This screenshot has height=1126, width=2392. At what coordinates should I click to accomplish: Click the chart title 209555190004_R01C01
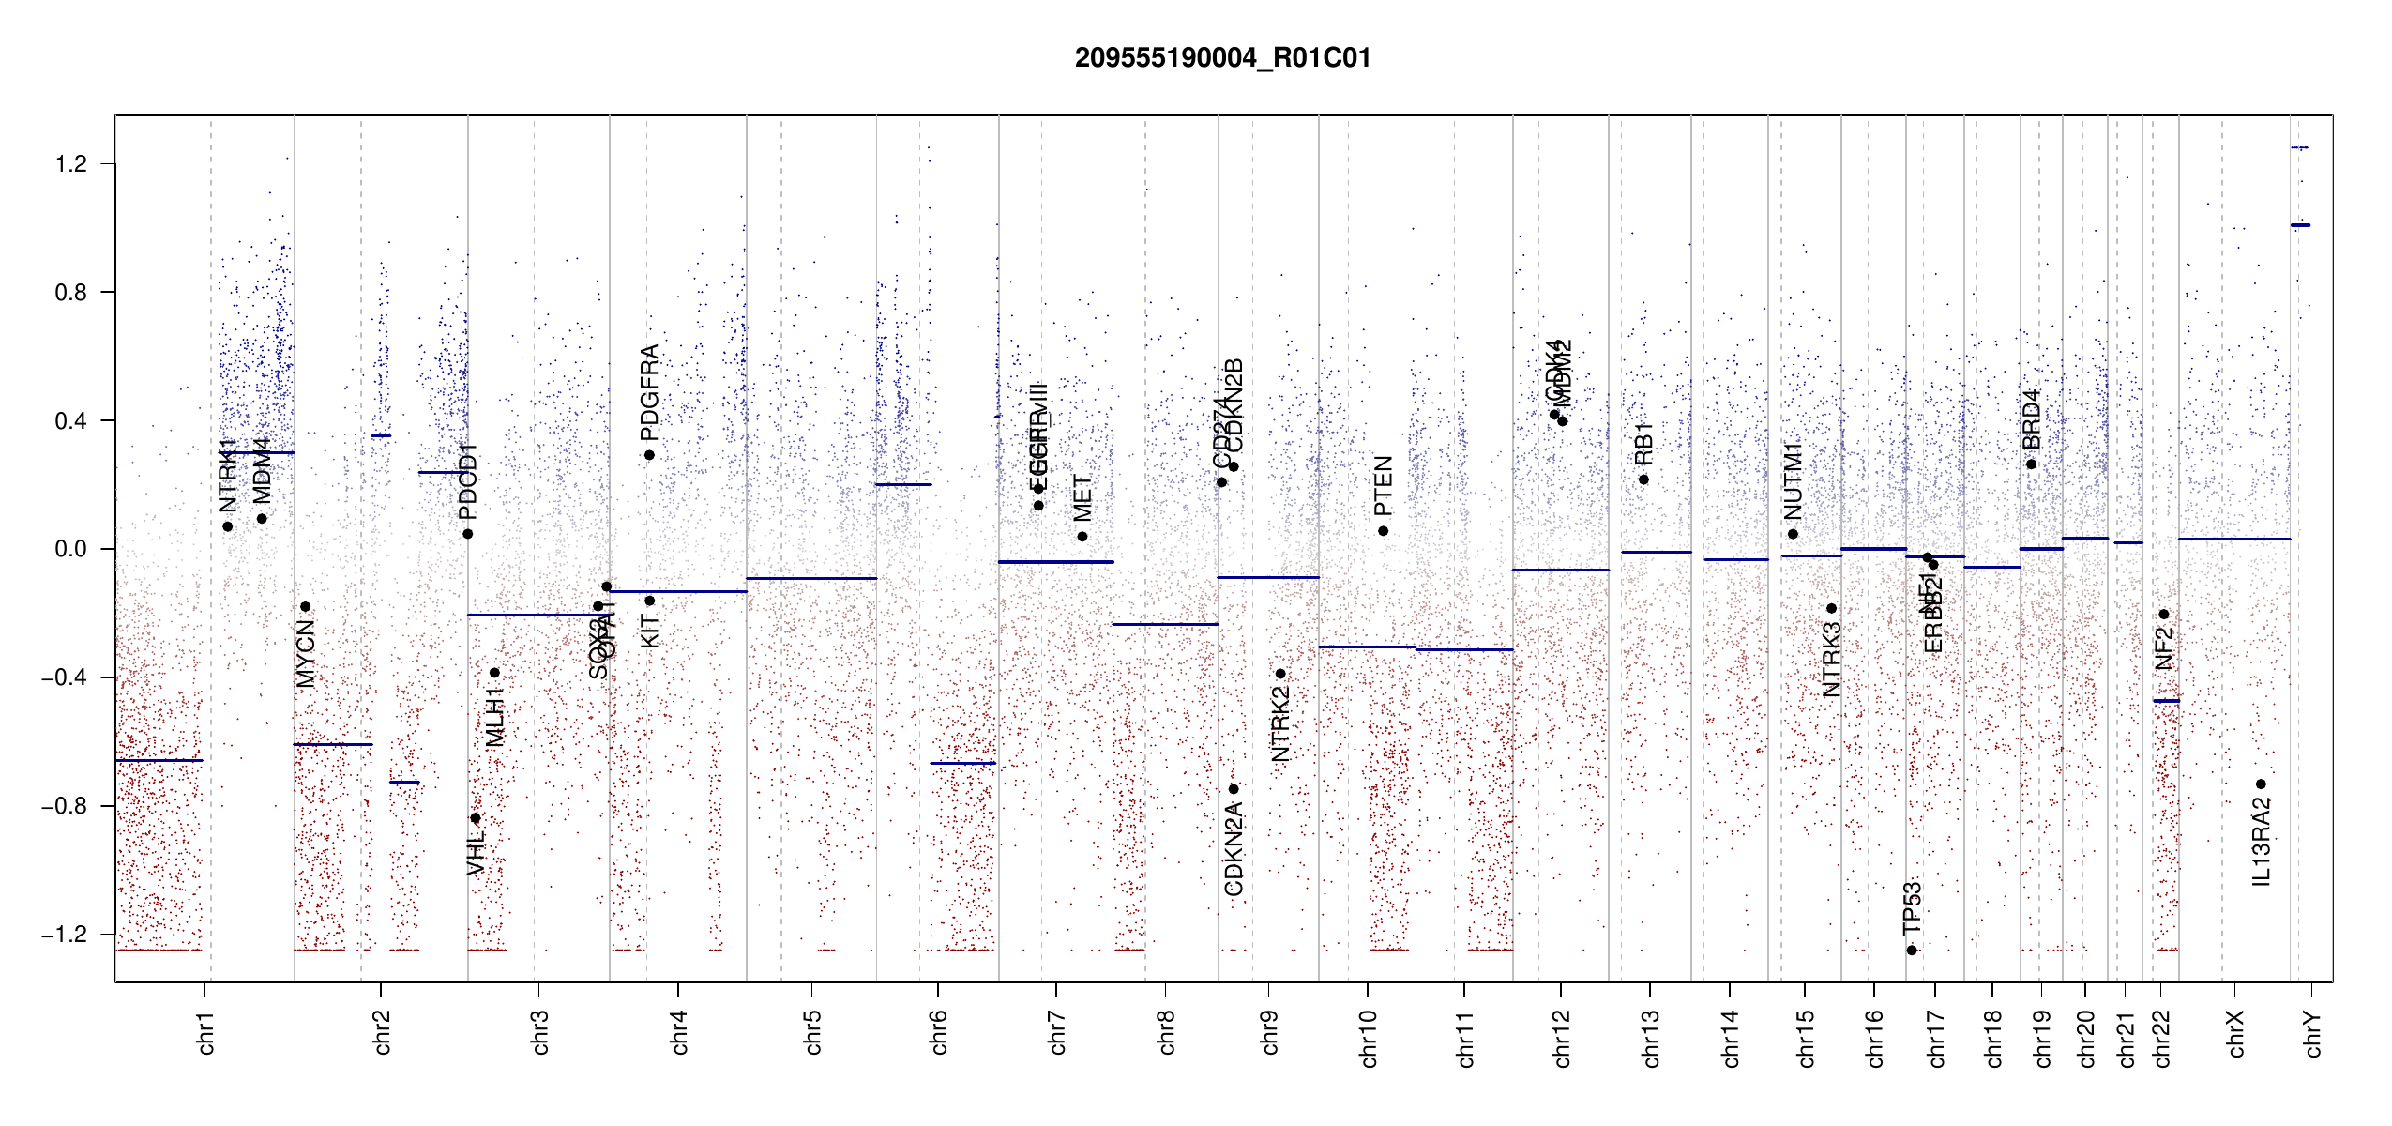1222,58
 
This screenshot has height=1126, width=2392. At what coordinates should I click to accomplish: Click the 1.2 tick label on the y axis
70,164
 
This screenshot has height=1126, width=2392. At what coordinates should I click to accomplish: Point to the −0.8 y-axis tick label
65,806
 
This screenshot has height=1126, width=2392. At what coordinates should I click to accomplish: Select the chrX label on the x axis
2235,1033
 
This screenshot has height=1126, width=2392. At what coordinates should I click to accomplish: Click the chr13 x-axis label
1650,1038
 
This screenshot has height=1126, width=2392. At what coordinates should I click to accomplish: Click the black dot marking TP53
1912,951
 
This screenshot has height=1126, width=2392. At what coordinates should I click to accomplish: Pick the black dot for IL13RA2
2261,784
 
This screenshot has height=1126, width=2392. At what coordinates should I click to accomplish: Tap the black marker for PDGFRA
649,455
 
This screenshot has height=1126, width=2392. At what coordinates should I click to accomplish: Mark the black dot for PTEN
1383,531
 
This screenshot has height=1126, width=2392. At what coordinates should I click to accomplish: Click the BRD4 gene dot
2031,464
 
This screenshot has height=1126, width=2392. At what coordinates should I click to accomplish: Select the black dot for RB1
1643,479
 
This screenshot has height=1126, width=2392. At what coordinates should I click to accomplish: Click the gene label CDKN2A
1234,849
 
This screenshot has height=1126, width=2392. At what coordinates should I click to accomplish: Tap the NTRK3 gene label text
1831,660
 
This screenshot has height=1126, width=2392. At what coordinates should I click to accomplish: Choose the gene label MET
1082,498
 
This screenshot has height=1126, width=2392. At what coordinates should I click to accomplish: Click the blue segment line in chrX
2233,539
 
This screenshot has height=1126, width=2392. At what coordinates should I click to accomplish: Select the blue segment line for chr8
1165,624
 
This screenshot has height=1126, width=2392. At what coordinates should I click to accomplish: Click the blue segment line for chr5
811,578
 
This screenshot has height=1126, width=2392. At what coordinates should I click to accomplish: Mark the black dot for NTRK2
1280,674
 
